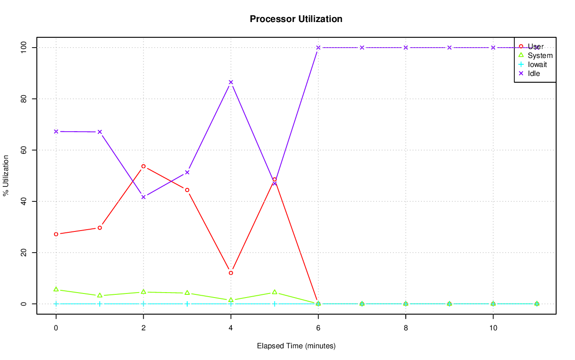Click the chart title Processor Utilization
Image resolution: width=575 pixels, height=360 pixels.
tap(296, 19)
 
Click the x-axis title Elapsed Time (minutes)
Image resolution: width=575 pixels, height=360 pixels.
tap(296, 346)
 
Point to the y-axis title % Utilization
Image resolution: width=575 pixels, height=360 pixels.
tap(6, 175)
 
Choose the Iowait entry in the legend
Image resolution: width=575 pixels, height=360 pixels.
tap(537, 64)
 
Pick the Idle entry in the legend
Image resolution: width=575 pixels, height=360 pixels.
tap(534, 73)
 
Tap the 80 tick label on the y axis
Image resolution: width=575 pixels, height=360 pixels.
tap(22, 98)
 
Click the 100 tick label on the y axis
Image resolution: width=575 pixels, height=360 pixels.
tap(22, 47)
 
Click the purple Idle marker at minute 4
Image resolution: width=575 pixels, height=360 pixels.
tap(231, 82)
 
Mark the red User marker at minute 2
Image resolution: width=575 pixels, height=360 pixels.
tap(143, 166)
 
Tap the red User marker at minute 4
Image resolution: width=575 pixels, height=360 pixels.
tap(231, 273)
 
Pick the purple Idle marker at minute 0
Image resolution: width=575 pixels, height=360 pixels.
tap(56, 131)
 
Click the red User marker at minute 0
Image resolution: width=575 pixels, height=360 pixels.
tap(56, 234)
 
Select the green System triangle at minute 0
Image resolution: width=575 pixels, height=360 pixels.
tap(56, 289)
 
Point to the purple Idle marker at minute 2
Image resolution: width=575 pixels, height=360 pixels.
tap(143, 197)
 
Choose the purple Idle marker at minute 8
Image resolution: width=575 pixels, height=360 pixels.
tap(406, 48)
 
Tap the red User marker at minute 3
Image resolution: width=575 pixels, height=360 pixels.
tap(187, 190)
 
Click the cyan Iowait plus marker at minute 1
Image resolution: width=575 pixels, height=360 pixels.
tap(100, 304)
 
